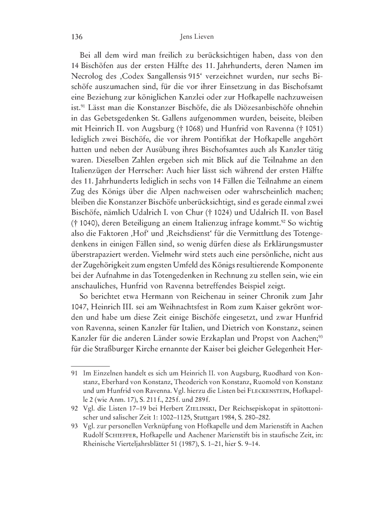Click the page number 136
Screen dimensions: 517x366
[77, 38]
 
